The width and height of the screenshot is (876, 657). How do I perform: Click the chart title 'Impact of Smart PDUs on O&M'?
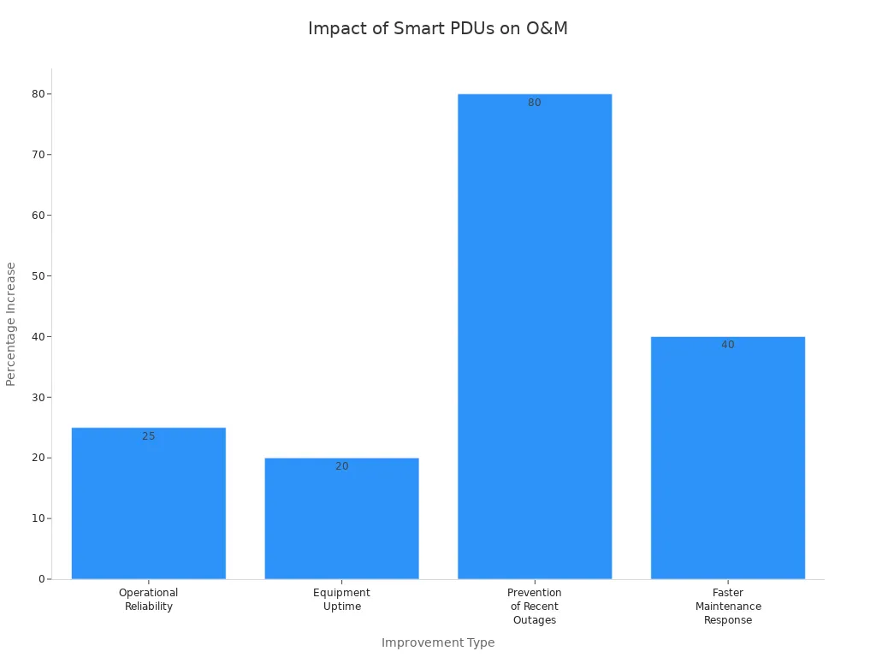pos(437,28)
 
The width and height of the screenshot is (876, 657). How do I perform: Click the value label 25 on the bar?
pos(149,436)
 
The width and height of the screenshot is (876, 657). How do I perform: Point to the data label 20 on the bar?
pos(342,466)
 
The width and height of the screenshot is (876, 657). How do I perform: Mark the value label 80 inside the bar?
pos(535,103)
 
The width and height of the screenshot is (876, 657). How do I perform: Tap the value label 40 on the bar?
pos(728,345)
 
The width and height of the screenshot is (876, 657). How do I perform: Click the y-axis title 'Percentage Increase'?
pos(11,323)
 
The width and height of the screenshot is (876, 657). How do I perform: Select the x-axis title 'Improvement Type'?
pos(438,642)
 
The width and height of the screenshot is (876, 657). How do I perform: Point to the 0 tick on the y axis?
pos(40,579)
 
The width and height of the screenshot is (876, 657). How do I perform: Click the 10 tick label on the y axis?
pos(38,518)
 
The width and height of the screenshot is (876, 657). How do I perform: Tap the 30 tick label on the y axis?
pos(38,397)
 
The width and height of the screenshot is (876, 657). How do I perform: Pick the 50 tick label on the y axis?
pos(38,275)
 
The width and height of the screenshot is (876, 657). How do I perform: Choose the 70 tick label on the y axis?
pos(38,155)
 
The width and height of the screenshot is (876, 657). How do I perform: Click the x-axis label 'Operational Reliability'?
pos(149,600)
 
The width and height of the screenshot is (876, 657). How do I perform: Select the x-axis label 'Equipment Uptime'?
pos(342,600)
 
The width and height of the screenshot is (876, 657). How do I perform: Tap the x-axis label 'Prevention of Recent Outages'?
pos(535,607)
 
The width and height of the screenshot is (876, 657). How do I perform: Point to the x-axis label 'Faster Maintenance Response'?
pos(728,607)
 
